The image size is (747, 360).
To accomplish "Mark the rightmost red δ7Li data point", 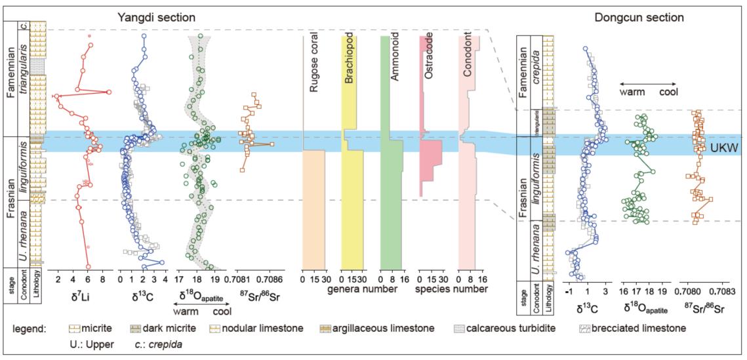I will click(109, 92).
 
